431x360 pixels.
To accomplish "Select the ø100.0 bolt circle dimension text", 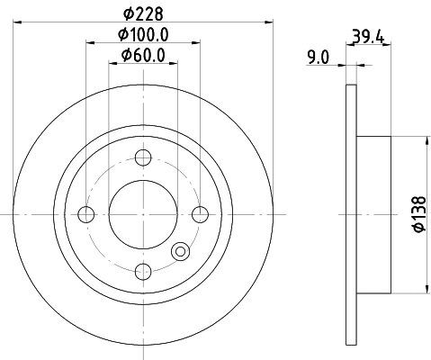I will (x=144, y=35).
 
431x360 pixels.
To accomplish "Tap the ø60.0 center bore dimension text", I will (x=143, y=57).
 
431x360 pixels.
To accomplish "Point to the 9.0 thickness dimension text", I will (x=318, y=58).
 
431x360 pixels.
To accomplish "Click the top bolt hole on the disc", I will (x=142, y=158).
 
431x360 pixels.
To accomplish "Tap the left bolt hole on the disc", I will (x=86, y=214).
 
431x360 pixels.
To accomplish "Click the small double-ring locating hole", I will (x=180, y=253).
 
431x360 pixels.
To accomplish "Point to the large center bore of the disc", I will (x=142, y=214).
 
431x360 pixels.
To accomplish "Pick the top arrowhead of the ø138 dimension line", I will (x=424, y=140).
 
